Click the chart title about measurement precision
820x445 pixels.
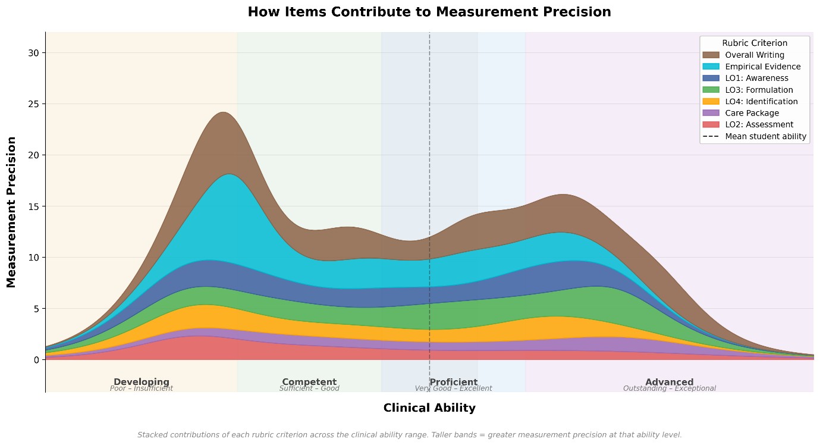tap(429, 12)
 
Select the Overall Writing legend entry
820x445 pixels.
tap(754, 55)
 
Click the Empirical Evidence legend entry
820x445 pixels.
tap(762, 67)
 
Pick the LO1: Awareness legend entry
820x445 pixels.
tap(756, 78)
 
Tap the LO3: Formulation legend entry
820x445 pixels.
tap(759, 90)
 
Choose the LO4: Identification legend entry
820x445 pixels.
tap(761, 102)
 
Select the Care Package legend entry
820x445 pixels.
tap(752, 113)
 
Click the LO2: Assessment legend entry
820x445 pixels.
tap(759, 125)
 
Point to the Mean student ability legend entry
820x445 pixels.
tap(765, 136)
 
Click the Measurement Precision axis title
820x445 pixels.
tap(12, 212)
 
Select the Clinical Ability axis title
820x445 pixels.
tap(429, 408)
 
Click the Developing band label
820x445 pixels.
tap(142, 382)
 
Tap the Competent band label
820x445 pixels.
tap(309, 382)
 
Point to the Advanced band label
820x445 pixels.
tap(669, 382)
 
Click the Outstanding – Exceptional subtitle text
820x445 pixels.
tap(669, 389)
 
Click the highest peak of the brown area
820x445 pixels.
tap(222, 113)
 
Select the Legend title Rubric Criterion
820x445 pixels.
tap(754, 43)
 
